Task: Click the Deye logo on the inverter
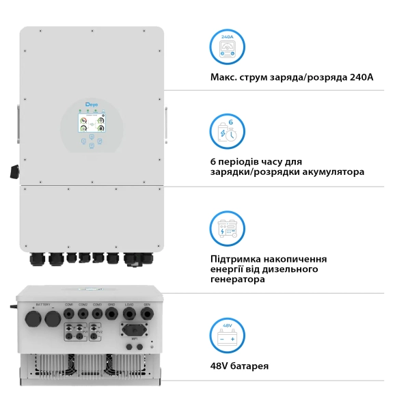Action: tap(91, 103)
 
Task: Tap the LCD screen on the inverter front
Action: tap(91, 125)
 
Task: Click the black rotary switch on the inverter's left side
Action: tap(14, 171)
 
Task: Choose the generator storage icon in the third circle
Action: tap(227, 228)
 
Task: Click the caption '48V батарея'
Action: tap(240, 366)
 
